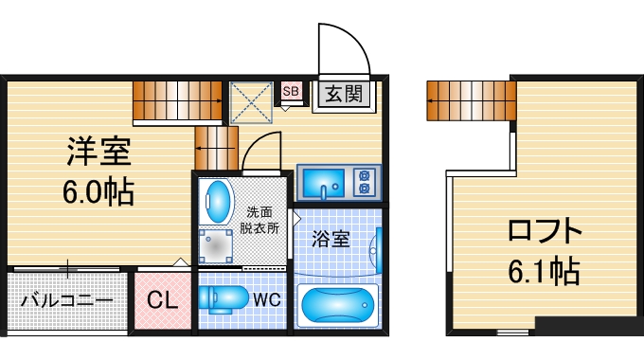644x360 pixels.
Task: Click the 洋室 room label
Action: click(x=98, y=152)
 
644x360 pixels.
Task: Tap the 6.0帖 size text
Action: click(x=98, y=192)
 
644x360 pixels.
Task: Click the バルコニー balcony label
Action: click(x=66, y=301)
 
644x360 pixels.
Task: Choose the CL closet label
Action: click(x=162, y=301)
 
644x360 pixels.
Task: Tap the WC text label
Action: click(x=265, y=300)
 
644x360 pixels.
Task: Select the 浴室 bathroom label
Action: click(x=332, y=237)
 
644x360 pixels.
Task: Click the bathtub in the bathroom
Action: click(x=338, y=306)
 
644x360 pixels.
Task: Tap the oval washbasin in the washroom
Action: click(x=218, y=201)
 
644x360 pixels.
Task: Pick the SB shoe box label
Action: click(x=291, y=92)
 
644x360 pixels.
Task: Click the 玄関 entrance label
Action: click(x=343, y=94)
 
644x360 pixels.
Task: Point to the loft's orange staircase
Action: click(x=471, y=100)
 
